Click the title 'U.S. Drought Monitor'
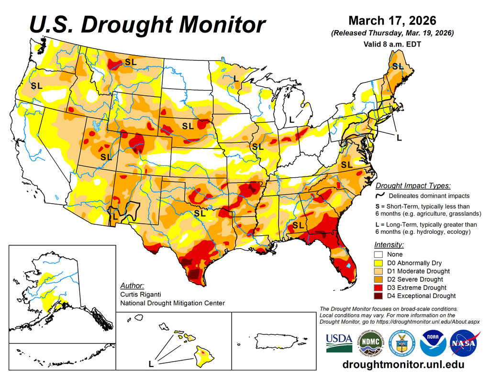tap(147, 24)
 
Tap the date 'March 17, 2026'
tap(392, 21)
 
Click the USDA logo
tap(339, 343)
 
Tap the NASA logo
tap(463, 343)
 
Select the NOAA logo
tap(433, 343)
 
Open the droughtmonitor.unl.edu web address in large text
tap(403, 365)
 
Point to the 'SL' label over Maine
tap(398, 67)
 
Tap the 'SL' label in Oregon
tap(36, 86)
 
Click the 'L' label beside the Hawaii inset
tap(151, 364)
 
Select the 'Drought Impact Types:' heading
tap(413, 186)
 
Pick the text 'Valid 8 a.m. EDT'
tap(392, 44)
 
